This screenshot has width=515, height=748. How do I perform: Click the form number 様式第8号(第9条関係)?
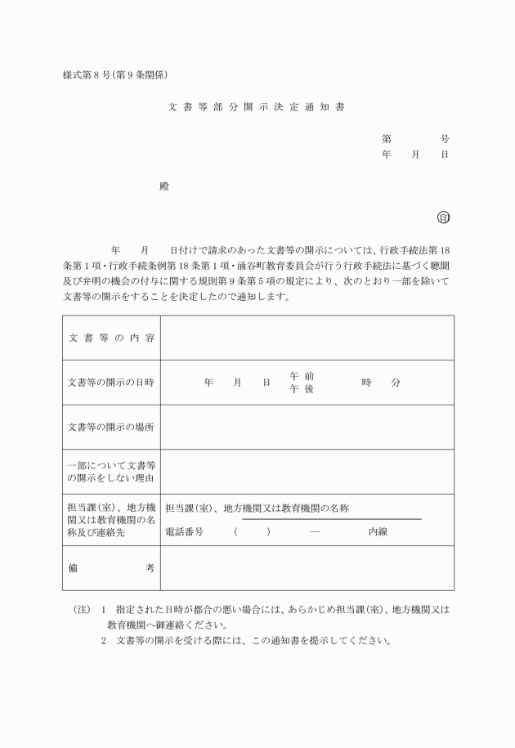(x=115, y=75)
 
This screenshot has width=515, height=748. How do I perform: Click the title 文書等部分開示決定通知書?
(x=257, y=107)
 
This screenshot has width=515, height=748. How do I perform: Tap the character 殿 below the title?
(x=164, y=186)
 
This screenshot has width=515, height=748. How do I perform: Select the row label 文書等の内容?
(x=111, y=338)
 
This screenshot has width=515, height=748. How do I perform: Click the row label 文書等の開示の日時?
(x=111, y=383)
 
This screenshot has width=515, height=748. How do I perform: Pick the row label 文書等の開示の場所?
(x=111, y=427)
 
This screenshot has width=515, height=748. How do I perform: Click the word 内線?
(x=378, y=531)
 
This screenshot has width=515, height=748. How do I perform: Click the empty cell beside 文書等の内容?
(x=307, y=338)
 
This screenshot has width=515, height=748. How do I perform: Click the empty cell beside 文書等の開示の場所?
(x=307, y=427)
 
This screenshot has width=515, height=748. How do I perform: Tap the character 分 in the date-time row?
(x=396, y=383)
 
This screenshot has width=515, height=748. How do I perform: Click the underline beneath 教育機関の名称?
(x=331, y=519)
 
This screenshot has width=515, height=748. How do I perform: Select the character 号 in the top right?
(x=445, y=139)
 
